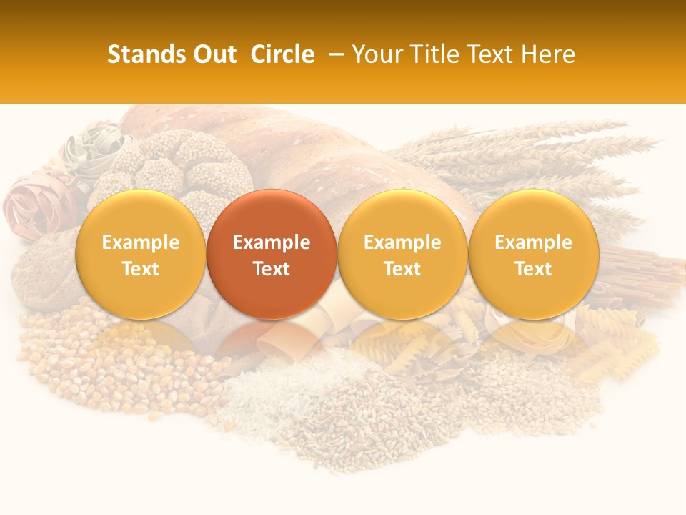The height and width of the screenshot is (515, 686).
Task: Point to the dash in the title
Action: [x=337, y=54]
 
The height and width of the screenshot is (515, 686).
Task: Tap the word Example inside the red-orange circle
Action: [x=272, y=242]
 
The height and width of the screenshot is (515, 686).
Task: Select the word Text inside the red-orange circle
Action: [x=272, y=269]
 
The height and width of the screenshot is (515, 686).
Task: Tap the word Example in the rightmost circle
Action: [x=533, y=242]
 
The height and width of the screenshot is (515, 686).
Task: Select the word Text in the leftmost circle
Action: [x=141, y=269]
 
